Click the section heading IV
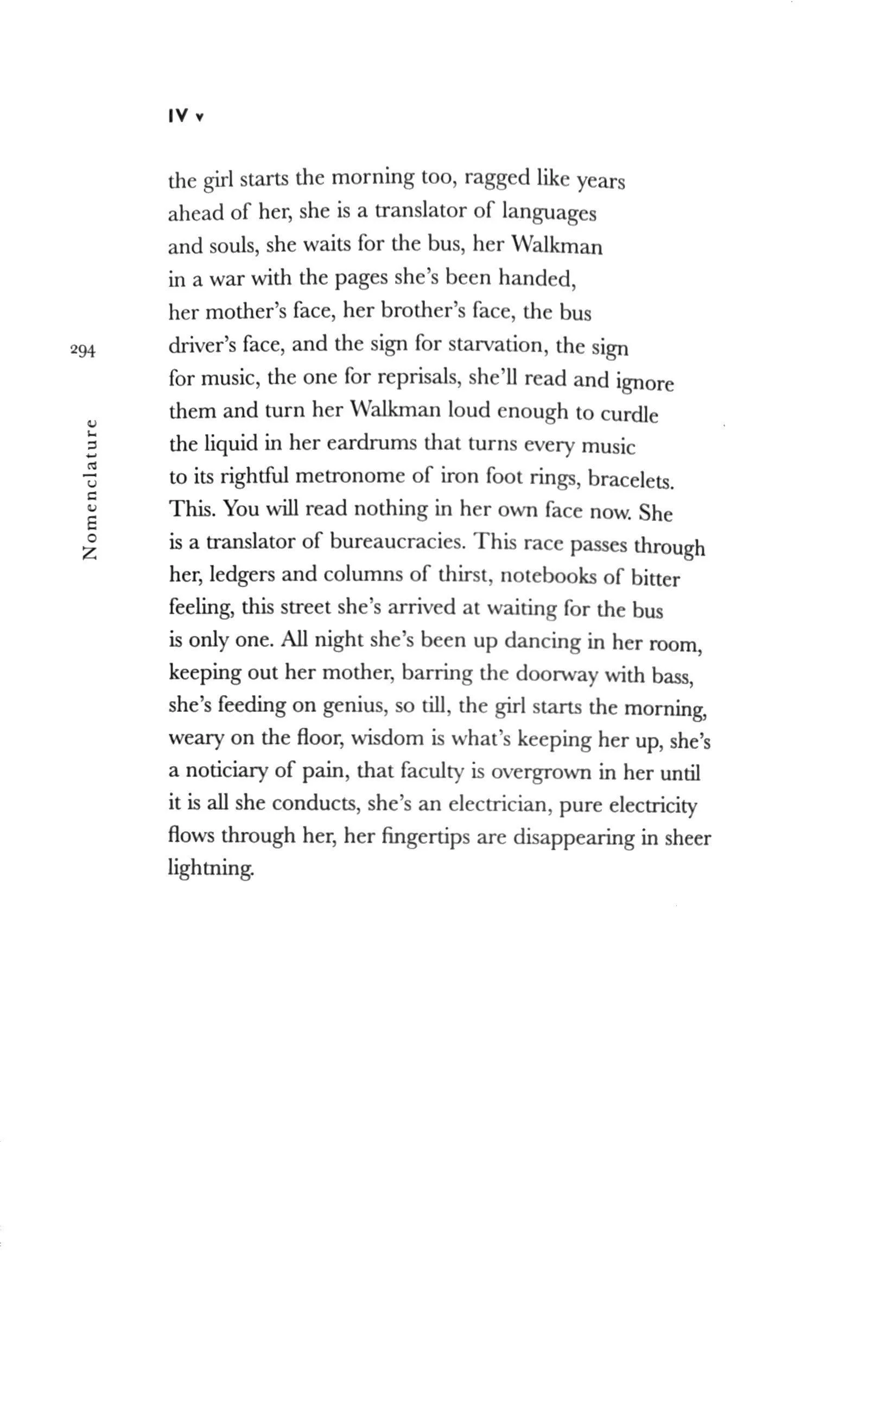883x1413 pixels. (x=179, y=116)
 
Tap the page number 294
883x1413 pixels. (x=82, y=351)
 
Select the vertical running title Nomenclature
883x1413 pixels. (x=90, y=489)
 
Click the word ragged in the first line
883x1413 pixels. (x=497, y=178)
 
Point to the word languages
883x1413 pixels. (x=549, y=213)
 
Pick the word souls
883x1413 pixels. (x=233, y=246)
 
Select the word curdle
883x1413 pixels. (x=630, y=413)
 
